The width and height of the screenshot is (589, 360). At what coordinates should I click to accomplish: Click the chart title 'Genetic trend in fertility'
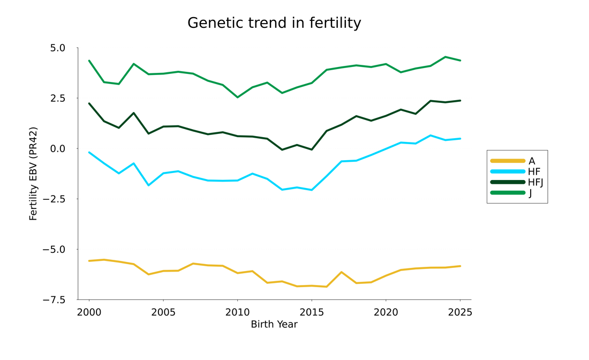pyautogui.click(x=274, y=23)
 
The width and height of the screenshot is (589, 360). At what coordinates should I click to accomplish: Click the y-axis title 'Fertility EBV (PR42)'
pyautogui.click(x=33, y=174)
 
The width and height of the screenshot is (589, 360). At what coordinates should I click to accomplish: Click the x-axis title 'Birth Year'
pyautogui.click(x=274, y=325)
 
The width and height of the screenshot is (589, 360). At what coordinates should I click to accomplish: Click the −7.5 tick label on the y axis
pyautogui.click(x=54, y=300)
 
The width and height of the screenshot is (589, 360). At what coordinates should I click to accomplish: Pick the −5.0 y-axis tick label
pyautogui.click(x=54, y=250)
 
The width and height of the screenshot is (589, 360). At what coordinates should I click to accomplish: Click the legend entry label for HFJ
pyautogui.click(x=535, y=183)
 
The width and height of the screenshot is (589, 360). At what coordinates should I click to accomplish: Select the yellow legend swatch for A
pyautogui.click(x=508, y=161)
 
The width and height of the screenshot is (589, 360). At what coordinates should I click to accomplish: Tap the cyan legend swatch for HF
pyautogui.click(x=508, y=172)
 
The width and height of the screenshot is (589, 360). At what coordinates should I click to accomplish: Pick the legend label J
pyautogui.click(x=530, y=193)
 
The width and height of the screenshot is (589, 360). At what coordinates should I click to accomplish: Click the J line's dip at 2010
pyautogui.click(x=237, y=97)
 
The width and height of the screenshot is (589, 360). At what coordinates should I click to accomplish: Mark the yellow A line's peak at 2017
pyautogui.click(x=342, y=272)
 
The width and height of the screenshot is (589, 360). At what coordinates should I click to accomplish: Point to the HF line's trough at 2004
pyautogui.click(x=148, y=185)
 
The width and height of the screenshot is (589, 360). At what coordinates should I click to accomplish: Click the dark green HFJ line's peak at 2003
pyautogui.click(x=133, y=113)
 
